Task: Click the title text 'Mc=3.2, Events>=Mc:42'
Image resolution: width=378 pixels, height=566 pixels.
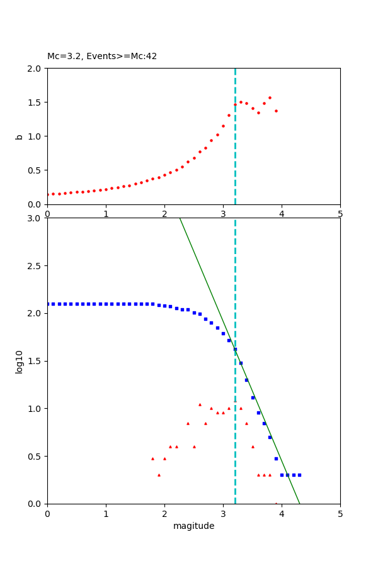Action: click(102, 57)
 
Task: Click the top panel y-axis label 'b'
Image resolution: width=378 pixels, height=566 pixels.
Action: click(20, 136)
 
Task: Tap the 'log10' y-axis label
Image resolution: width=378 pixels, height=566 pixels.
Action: click(20, 362)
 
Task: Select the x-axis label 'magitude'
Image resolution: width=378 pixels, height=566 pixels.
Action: click(193, 526)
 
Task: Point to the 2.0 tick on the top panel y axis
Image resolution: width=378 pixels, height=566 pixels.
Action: click(36, 69)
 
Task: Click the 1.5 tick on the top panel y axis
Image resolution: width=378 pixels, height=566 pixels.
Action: click(36, 103)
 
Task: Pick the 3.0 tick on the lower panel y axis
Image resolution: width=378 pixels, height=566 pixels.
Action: click(36, 218)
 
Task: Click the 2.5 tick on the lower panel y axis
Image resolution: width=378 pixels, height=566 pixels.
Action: click(36, 266)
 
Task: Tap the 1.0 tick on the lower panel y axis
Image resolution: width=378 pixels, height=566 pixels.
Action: click(36, 409)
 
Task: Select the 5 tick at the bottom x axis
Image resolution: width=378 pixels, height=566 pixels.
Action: click(340, 514)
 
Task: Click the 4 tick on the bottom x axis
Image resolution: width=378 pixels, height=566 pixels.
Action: click(282, 514)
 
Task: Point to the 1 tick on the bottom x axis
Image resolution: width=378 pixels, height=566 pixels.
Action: click(106, 514)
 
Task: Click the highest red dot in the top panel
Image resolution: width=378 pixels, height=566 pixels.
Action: click(270, 97)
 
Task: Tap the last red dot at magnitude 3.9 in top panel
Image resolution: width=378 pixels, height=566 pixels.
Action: click(276, 111)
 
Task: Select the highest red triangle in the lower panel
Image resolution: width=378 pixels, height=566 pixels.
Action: click(200, 404)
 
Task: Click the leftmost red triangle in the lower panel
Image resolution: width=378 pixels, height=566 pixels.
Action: click(152, 458)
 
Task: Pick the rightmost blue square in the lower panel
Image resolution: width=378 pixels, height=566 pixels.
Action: click(299, 475)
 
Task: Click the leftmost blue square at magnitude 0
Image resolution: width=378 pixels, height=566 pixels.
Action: click(48, 304)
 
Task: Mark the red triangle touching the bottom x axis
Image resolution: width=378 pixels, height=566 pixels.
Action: click(276, 503)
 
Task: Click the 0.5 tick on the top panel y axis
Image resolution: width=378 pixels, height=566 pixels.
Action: click(36, 170)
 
